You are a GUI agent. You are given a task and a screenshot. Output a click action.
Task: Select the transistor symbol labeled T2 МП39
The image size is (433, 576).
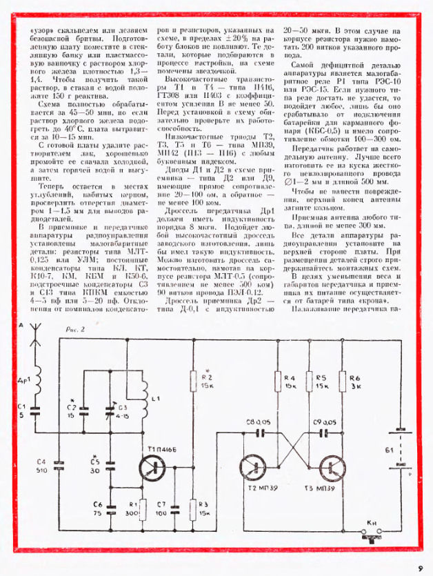(255, 469)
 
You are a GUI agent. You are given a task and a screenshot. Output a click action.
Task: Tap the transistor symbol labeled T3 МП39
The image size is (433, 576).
(331, 469)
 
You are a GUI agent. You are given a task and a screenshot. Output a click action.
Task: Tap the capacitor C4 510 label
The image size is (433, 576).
(40, 465)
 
